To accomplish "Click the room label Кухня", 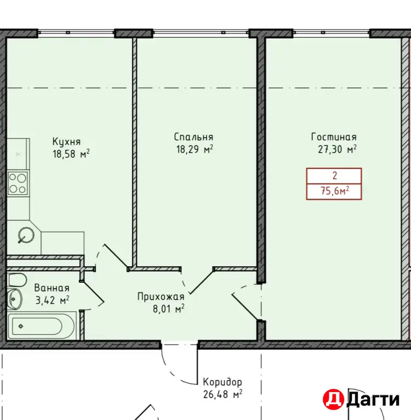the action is [66, 142].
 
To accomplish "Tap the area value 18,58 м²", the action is [71, 154].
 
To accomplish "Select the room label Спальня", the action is [194, 137].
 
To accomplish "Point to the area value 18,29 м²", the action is [195, 149].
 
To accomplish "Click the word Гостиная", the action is [334, 137].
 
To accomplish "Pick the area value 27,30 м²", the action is [337, 149].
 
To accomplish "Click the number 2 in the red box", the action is [334, 176].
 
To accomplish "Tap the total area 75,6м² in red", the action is [335, 191].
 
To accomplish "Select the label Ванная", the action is [52, 288].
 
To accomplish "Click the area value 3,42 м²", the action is [53, 300].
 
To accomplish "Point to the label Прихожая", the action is [161, 296].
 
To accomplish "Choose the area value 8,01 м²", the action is [169, 308].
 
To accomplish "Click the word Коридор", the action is [222, 382].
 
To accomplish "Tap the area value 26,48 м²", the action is [223, 394].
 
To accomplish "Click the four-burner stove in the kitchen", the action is [18, 184].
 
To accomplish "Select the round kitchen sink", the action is [26, 236].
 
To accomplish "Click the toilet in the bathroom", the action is [16, 280].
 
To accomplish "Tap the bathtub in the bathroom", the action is [40, 326].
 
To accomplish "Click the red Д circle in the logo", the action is [333, 399].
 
